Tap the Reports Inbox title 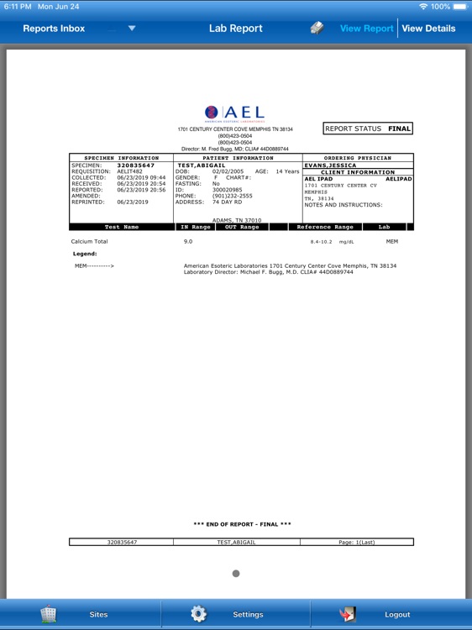click(x=54, y=29)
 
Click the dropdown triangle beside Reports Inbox click(x=132, y=29)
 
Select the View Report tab click(x=366, y=29)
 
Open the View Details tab click(x=428, y=29)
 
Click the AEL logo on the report click(x=234, y=113)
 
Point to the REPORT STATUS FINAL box click(x=368, y=129)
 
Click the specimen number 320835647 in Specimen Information click(x=135, y=165)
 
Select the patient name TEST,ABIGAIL click(x=202, y=165)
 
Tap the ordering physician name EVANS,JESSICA click(x=330, y=165)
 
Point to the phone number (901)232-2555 click(x=232, y=196)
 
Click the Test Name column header click(x=122, y=227)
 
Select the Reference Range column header click(x=325, y=227)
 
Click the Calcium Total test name click(x=89, y=241)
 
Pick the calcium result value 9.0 click(x=188, y=241)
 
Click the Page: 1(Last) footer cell click(x=356, y=542)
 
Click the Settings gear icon click(x=198, y=614)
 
